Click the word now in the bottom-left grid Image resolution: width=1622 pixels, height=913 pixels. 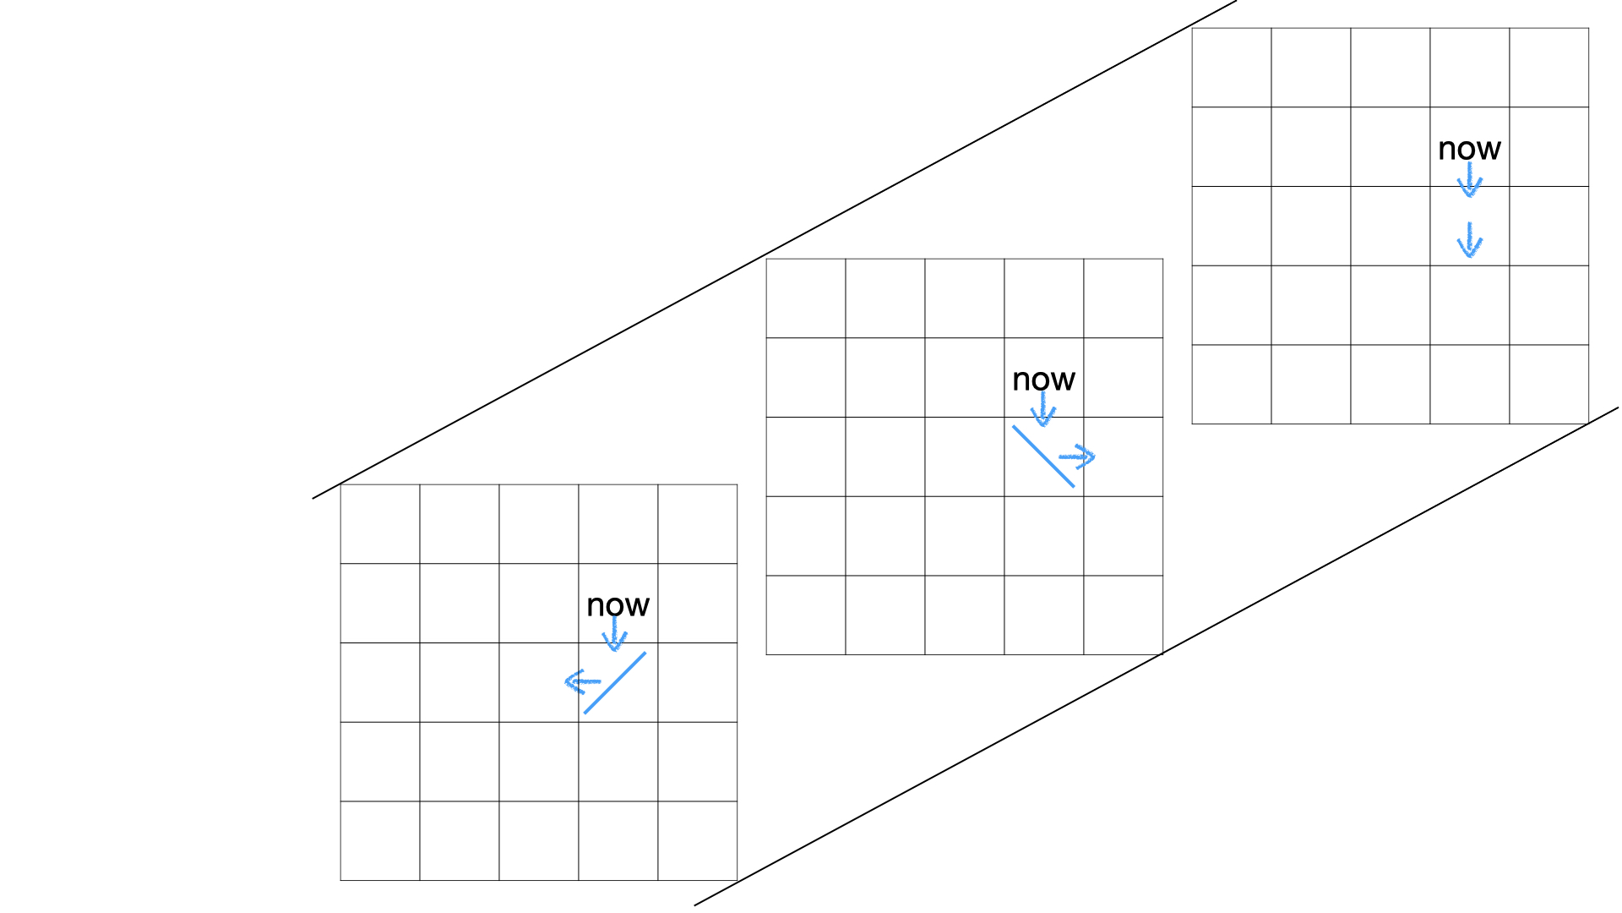[x=618, y=605]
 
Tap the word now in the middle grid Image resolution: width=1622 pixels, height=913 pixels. [x=1043, y=380]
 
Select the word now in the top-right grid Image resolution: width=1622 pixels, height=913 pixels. [x=1469, y=149]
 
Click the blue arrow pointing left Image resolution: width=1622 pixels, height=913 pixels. [x=582, y=681]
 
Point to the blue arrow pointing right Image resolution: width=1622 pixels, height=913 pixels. [x=1078, y=457]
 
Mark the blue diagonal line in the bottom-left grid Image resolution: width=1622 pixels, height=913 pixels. [x=615, y=683]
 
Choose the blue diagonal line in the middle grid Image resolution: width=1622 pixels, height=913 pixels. [x=1043, y=456]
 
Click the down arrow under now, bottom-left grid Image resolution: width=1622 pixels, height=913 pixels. [x=614, y=634]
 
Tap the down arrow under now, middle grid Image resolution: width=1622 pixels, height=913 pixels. [x=1043, y=410]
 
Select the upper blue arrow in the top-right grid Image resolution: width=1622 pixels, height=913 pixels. [x=1470, y=180]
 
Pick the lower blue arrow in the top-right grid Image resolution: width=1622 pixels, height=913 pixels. [x=1470, y=240]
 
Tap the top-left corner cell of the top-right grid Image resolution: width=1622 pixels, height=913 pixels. [x=1232, y=68]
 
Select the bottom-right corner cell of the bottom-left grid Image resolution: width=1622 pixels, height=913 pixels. [x=698, y=841]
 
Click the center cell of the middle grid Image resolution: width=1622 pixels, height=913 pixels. [x=965, y=456]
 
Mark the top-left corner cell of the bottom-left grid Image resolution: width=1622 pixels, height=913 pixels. [x=380, y=524]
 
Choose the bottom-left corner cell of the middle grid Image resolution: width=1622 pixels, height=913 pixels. [x=806, y=615]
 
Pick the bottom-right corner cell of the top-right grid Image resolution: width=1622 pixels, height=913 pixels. [x=1549, y=385]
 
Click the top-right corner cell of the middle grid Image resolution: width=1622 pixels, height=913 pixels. [x=1124, y=298]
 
